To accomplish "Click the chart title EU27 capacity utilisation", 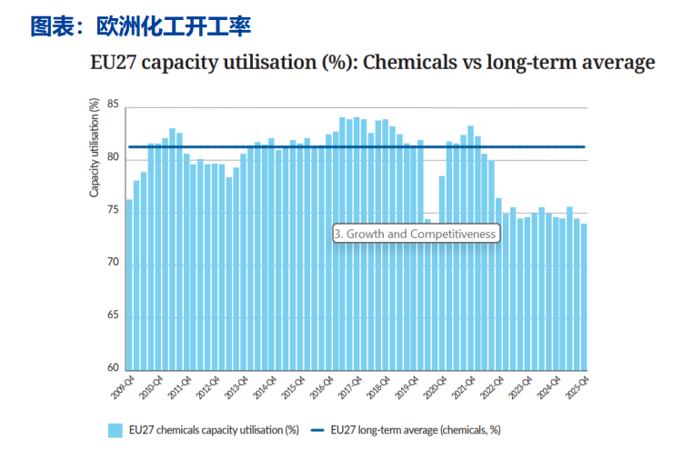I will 373,63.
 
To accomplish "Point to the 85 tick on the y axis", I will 112,105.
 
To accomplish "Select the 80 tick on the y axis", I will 112,158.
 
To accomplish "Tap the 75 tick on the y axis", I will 112,211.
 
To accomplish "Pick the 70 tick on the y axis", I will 112,264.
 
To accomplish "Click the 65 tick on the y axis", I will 112,316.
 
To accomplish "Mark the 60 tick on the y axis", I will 112,368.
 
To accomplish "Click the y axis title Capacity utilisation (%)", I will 94,147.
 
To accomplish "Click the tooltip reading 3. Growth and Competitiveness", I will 416,234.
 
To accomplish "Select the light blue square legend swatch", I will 116,431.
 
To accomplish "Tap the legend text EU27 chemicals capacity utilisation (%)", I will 215,431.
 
